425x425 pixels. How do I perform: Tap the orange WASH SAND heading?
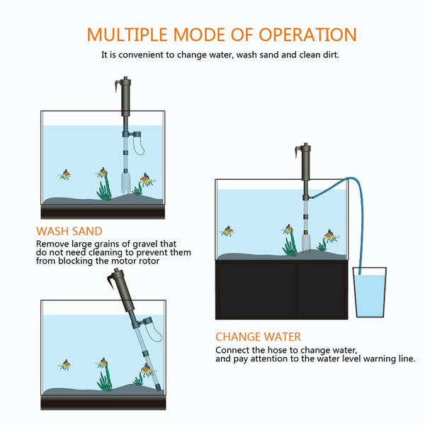coord(69,231)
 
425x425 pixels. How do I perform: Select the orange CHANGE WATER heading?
coord(259,337)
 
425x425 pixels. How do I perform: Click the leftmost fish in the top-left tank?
coord(64,174)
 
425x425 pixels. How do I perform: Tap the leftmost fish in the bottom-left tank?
coord(64,364)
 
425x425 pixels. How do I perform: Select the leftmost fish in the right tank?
coord(227,231)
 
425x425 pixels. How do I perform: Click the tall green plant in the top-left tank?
coord(105,186)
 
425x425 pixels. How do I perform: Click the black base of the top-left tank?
coord(103,211)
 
